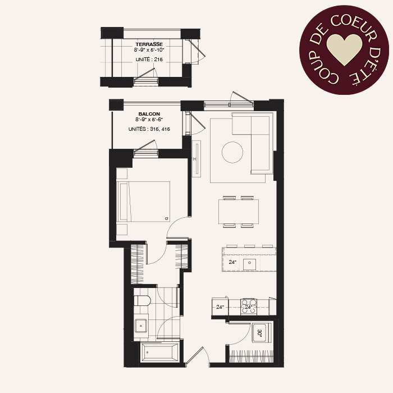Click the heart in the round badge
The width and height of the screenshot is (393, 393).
point(344,49)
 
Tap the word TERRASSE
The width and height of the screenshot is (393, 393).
point(149,44)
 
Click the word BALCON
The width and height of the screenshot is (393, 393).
point(149,114)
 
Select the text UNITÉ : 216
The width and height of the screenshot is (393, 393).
point(149,60)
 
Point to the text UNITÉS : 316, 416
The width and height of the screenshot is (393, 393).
point(149,129)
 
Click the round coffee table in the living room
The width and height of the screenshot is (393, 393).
point(232,152)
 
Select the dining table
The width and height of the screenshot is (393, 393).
point(239,212)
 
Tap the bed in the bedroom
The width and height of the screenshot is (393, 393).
point(144,202)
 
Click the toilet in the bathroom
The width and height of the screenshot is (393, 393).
point(142,300)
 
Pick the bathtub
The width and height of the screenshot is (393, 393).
point(160,353)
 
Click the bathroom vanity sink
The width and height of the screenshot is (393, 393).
point(141,326)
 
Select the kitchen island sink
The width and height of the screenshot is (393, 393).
point(249,263)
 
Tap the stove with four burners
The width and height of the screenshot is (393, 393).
point(249,307)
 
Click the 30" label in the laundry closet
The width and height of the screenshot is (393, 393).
point(259,333)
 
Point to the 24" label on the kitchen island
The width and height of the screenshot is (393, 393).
point(232,262)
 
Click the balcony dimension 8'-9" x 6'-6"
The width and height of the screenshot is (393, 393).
point(149,120)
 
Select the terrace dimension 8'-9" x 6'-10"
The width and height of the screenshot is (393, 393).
point(149,50)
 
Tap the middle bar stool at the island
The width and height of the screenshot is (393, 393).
point(250,246)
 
